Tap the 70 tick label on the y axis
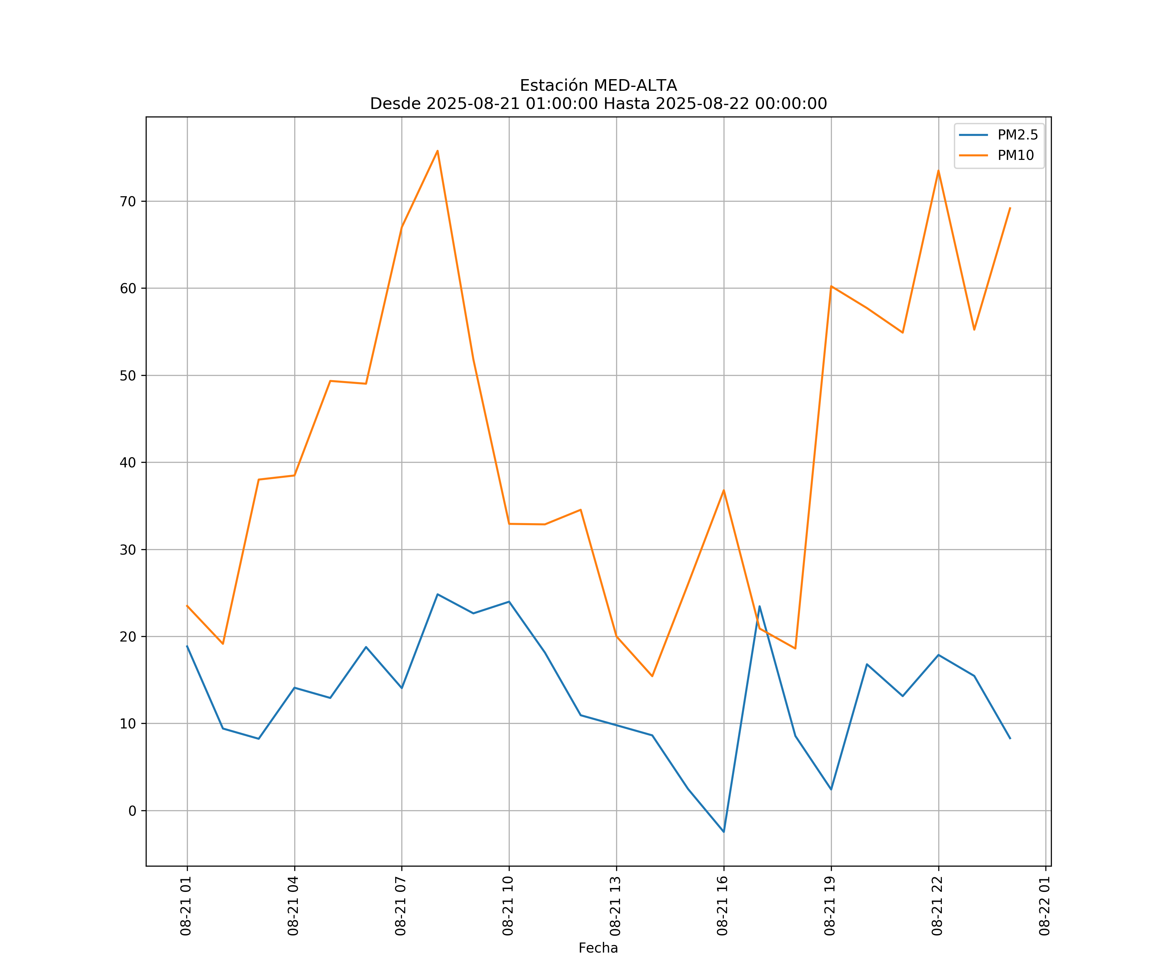(x=128, y=201)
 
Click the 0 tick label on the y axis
(x=132, y=811)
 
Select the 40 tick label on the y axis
(x=128, y=462)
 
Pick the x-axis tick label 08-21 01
(x=186, y=906)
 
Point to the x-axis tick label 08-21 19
(x=830, y=906)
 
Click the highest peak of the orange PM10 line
(x=438, y=151)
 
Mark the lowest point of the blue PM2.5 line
(x=724, y=832)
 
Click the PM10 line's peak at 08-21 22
(x=938, y=171)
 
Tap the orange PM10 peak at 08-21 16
(x=724, y=490)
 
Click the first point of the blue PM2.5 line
(x=187, y=646)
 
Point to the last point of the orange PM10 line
(x=1010, y=208)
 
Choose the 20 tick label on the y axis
(x=128, y=637)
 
